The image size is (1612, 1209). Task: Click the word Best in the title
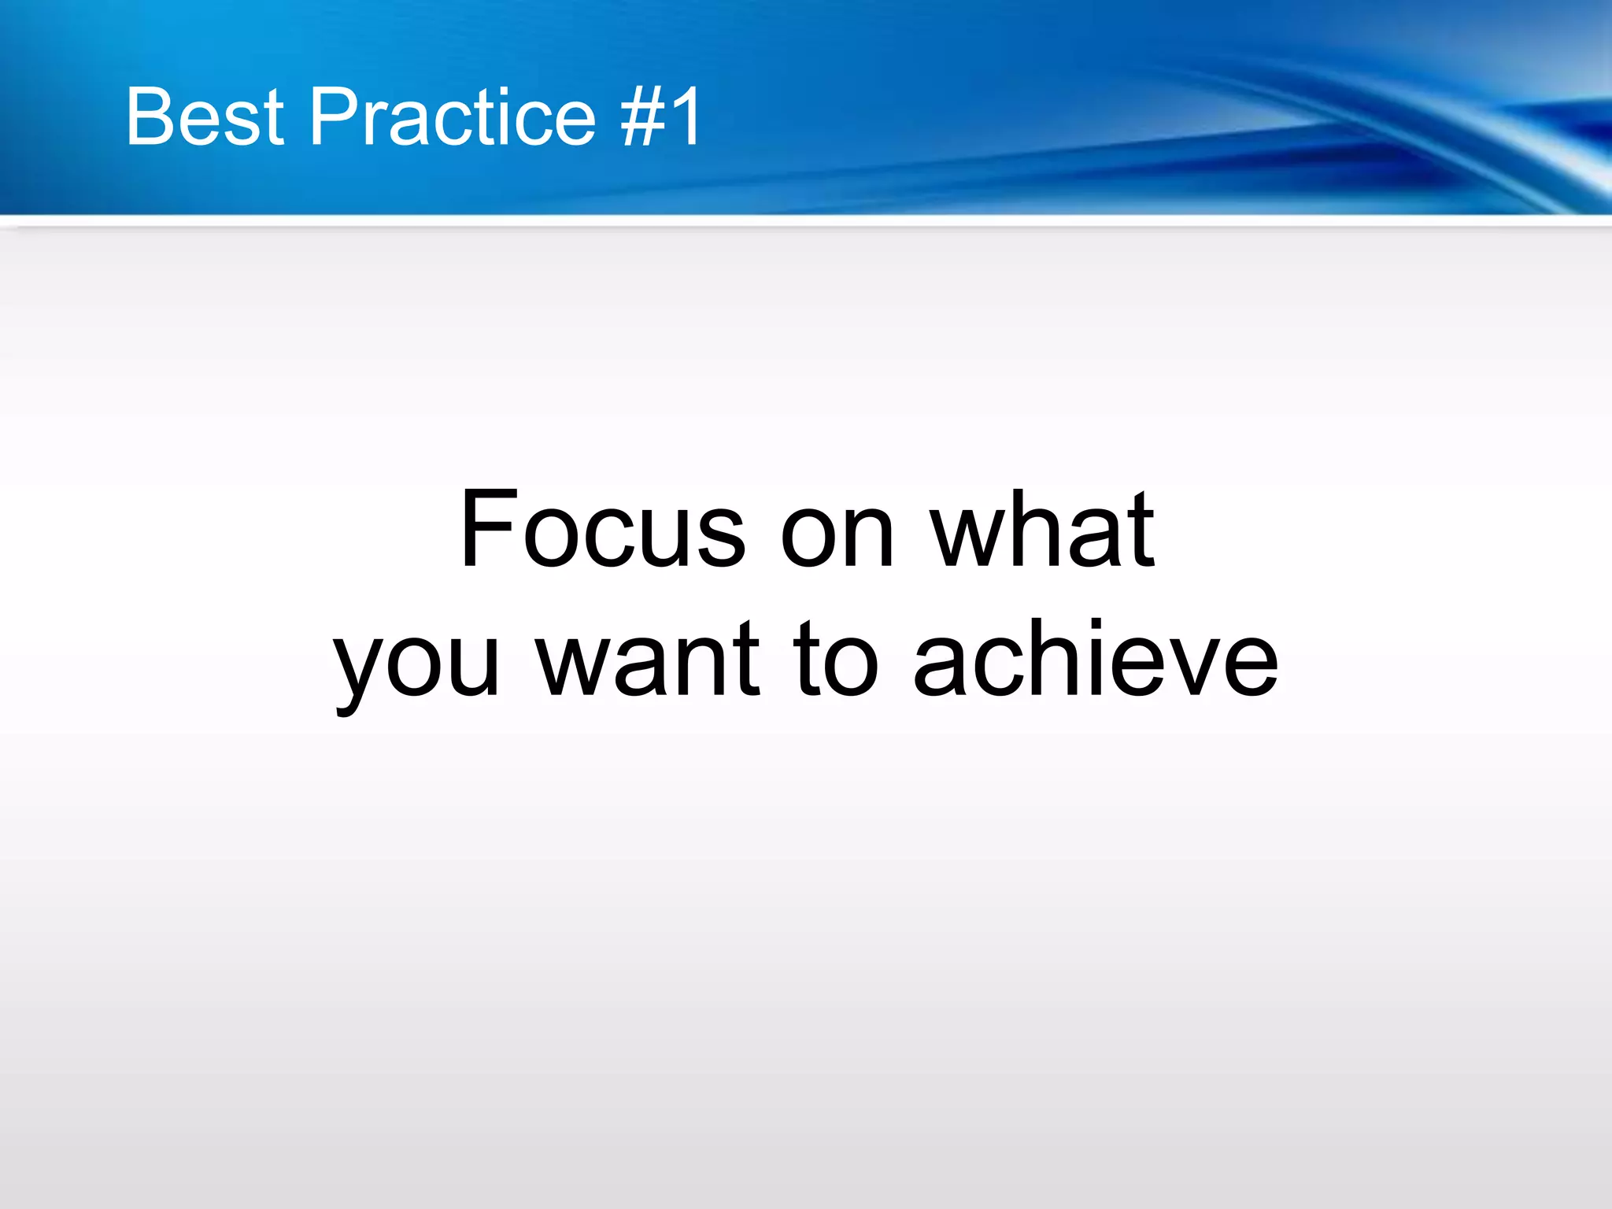click(205, 116)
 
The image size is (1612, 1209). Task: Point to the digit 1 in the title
click(686, 116)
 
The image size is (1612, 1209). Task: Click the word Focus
click(602, 529)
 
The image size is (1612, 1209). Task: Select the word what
click(1043, 529)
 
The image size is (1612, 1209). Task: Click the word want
click(648, 660)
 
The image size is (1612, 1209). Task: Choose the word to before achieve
click(835, 660)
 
